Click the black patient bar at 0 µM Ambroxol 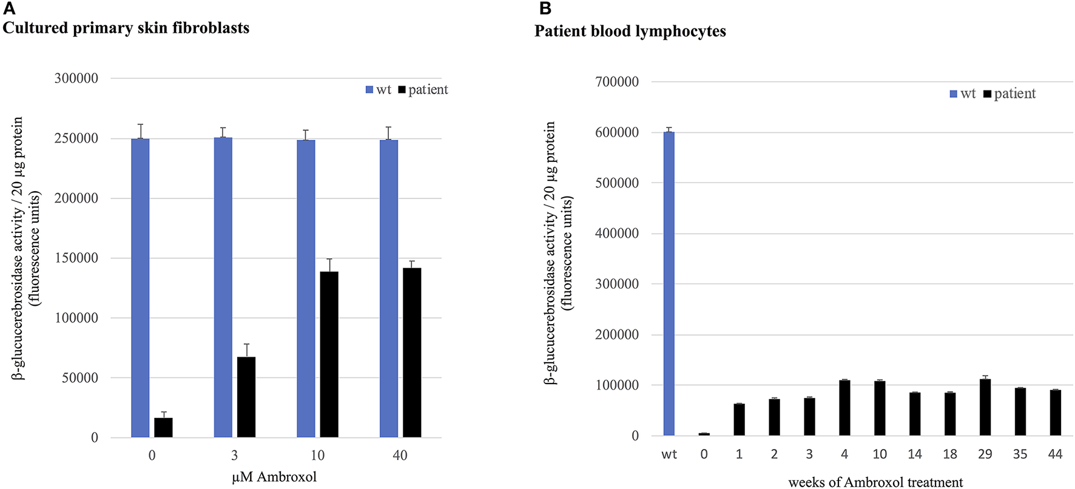[163, 427]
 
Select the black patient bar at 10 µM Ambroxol [329, 354]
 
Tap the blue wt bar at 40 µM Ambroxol [388, 288]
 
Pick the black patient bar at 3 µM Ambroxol [246, 397]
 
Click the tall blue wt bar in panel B [669, 283]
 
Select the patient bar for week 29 [985, 407]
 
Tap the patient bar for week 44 [1056, 413]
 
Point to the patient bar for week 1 [739, 419]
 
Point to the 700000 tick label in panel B [618, 82]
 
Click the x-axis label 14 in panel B [915, 454]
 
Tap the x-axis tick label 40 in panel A [400, 456]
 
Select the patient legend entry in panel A [423, 90]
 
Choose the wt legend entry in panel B [963, 93]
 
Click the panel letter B [545, 8]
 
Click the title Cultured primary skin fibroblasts [126, 28]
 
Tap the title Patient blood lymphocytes [630, 31]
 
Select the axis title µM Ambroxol [274, 477]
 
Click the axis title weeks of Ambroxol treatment [875, 482]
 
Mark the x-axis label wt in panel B [669, 454]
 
